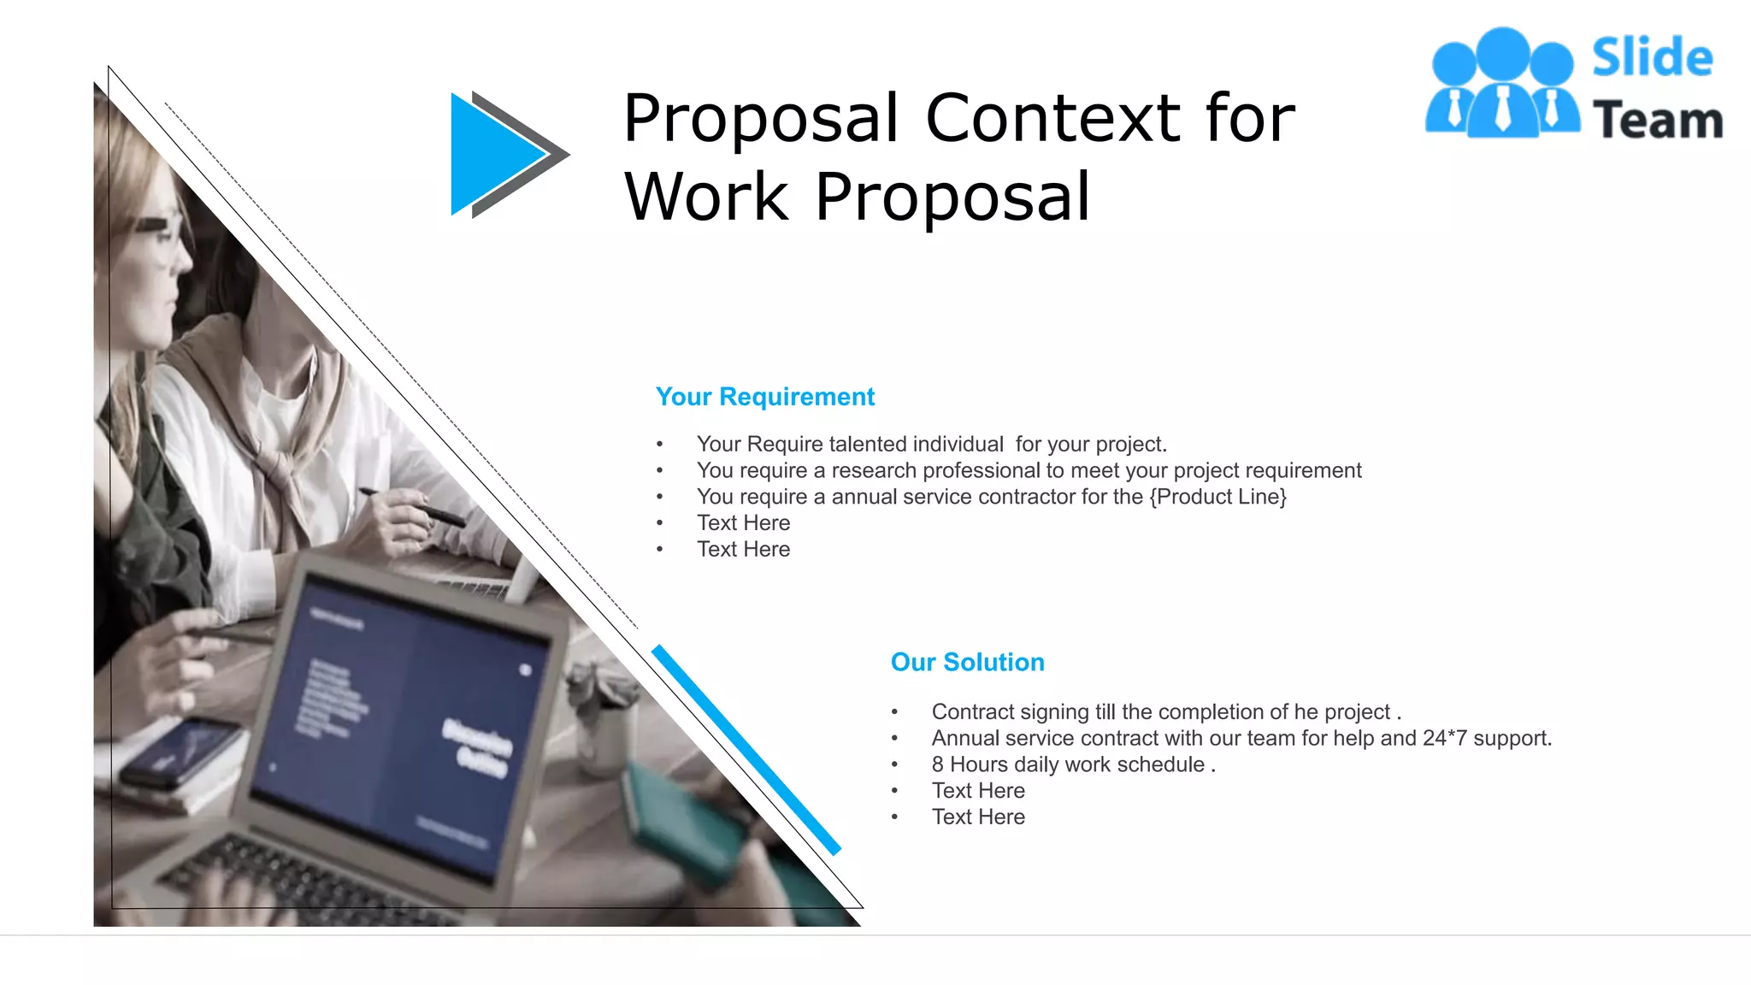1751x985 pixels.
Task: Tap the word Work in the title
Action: click(706, 197)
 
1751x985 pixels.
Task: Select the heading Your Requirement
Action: click(764, 397)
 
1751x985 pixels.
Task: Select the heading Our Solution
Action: click(967, 662)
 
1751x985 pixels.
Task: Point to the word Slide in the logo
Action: click(1652, 58)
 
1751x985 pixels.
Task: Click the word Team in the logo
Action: click(1657, 120)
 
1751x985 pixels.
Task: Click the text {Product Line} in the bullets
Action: click(1217, 497)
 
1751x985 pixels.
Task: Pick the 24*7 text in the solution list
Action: click(1444, 738)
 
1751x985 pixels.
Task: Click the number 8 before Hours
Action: click(938, 764)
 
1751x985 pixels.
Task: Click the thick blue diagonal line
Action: click(746, 749)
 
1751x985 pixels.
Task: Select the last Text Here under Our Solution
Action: click(978, 817)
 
